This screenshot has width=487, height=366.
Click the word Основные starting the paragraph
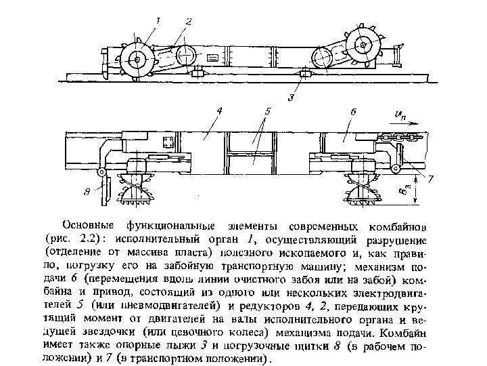pos(89,224)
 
